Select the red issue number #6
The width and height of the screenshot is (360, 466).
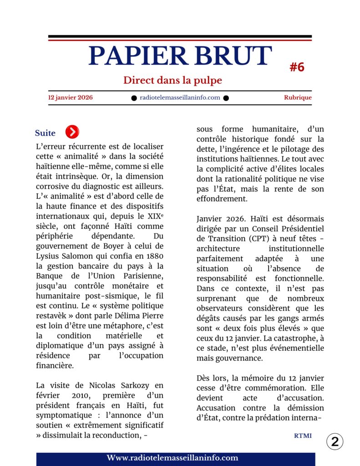pos(297,67)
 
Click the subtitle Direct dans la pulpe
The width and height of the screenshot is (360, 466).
pos(172,81)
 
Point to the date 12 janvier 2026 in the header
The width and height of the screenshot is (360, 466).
pos(71,97)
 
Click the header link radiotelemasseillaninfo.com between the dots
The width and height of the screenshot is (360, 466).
pos(180,97)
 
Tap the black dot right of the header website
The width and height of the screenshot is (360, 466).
pos(226,98)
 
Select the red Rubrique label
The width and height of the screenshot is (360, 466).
pos(298,97)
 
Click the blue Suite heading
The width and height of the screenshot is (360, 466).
pos(45,133)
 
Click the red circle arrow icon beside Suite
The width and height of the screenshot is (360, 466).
pos(72,132)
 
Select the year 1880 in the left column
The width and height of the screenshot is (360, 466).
pos(153,256)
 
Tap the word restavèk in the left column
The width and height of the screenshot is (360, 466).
pos(52,315)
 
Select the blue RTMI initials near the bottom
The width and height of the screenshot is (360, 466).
pos(303,436)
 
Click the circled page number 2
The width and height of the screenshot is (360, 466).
pos(335,441)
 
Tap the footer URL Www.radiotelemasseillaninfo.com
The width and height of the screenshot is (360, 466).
pos(172,458)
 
